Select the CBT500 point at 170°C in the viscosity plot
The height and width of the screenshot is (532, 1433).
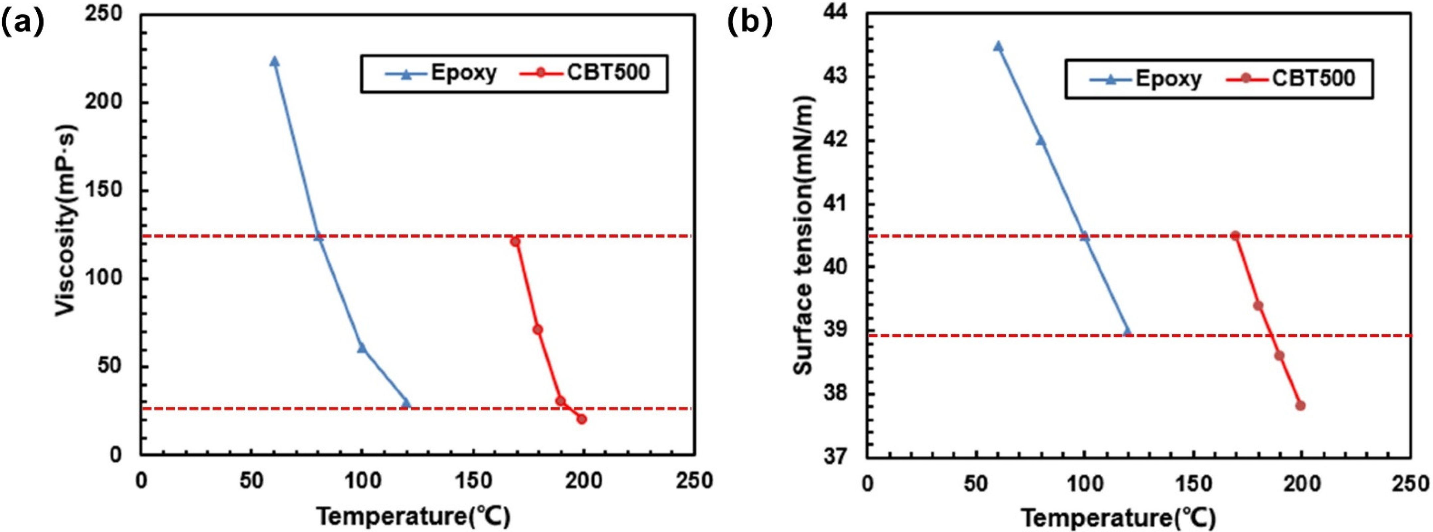[515, 241]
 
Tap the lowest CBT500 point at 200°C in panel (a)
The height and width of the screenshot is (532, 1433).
[581, 419]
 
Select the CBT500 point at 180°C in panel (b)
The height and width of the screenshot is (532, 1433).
[1258, 306]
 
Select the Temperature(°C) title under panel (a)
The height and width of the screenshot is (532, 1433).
[413, 517]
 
